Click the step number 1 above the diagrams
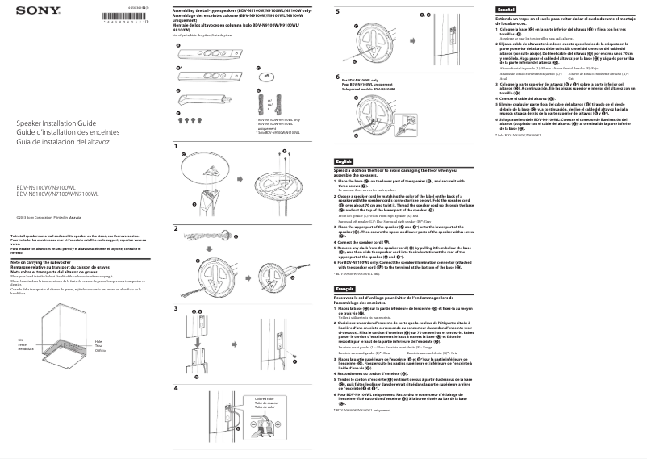coord(175,145)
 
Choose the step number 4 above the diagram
coord(175,388)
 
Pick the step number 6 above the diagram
coord(337,76)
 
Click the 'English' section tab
coord(344,161)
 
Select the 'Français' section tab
coord(344,288)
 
